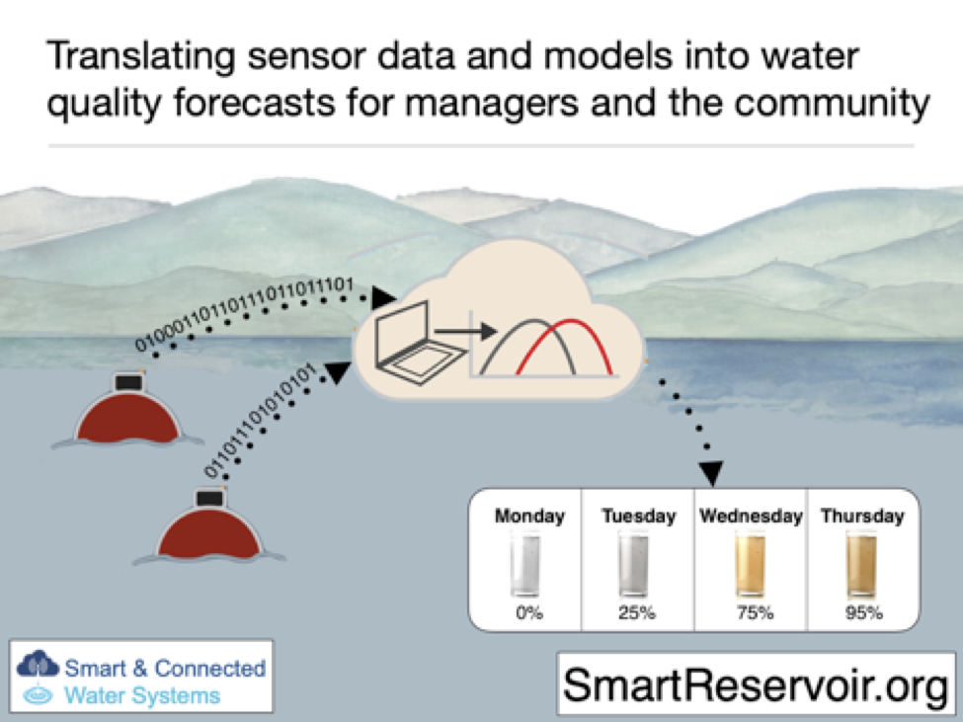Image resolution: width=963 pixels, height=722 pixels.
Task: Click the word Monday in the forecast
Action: (529, 516)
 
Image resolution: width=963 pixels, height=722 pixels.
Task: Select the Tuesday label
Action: (639, 516)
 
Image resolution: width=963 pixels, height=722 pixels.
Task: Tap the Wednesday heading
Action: (751, 516)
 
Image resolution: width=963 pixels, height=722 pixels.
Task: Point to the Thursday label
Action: (862, 516)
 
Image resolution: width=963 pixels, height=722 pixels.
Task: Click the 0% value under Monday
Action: (525, 612)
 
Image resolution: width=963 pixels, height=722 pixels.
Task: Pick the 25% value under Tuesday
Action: (637, 612)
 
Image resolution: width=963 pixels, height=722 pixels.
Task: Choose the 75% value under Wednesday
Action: (751, 612)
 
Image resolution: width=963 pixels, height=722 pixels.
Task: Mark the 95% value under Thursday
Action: (862, 612)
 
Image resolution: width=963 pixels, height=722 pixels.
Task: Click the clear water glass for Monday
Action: (525, 564)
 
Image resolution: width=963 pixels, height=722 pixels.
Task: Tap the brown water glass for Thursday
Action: (862, 564)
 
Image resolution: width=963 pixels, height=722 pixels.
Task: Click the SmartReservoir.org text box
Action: (756, 682)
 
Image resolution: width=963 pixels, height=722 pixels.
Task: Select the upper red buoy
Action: (129, 415)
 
